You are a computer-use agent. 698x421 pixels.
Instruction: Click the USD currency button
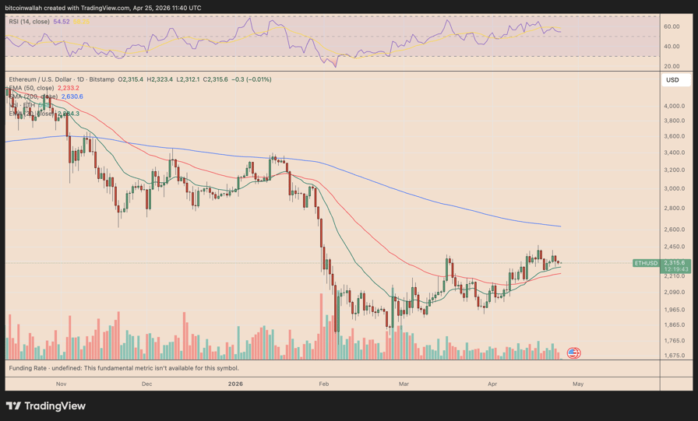click(672, 80)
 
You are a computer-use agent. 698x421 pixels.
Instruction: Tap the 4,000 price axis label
click(674, 106)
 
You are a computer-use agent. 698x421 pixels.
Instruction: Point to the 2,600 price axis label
click(674, 229)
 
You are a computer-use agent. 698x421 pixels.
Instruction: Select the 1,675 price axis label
click(674, 356)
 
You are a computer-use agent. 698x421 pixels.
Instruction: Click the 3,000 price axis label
click(674, 188)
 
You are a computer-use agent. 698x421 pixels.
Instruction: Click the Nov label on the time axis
click(61, 384)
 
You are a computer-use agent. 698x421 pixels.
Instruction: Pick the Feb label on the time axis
click(324, 384)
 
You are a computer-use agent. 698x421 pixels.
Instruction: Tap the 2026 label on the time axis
click(235, 384)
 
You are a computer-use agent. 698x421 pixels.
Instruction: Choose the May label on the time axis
click(577, 384)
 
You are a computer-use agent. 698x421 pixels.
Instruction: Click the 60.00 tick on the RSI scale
click(672, 26)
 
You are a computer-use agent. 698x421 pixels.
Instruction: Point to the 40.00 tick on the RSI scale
click(672, 47)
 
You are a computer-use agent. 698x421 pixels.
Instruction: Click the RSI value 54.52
click(61, 22)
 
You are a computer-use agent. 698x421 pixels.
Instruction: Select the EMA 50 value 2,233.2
click(68, 88)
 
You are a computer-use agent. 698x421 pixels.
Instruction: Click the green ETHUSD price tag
click(647, 263)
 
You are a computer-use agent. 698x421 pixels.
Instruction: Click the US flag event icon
click(573, 353)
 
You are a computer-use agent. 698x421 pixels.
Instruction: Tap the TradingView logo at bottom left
click(46, 405)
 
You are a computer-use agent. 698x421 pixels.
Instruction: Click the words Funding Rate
click(30, 368)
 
